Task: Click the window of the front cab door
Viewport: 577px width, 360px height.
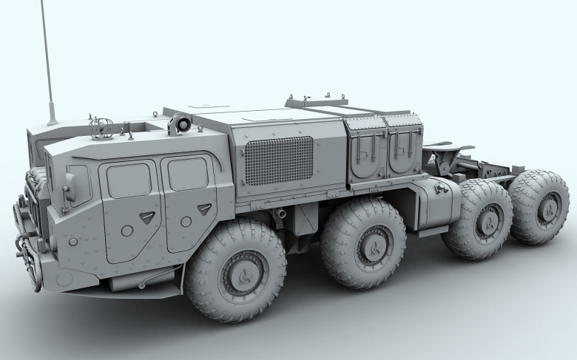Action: tap(129, 180)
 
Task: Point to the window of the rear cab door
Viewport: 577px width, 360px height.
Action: tap(187, 173)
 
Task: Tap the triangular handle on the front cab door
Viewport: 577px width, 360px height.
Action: tap(147, 216)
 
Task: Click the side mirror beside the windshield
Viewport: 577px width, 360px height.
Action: tap(70, 188)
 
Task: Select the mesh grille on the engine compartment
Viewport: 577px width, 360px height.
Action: tap(279, 160)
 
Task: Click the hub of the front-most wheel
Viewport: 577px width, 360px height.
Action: tap(242, 275)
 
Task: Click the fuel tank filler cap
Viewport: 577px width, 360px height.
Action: tap(445, 190)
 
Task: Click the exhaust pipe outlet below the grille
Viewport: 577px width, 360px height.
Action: tap(280, 214)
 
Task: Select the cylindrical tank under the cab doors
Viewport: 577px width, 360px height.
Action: tap(141, 281)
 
